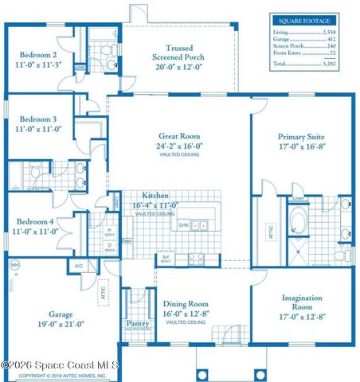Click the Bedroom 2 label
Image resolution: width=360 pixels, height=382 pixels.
(x=37, y=56)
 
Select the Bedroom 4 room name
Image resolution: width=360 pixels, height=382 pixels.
(x=37, y=221)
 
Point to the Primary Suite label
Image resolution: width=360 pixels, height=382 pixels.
(x=302, y=136)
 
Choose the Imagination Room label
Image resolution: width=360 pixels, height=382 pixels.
(x=302, y=302)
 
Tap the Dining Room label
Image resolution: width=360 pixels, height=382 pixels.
(x=186, y=303)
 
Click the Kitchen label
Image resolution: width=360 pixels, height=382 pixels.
(x=155, y=196)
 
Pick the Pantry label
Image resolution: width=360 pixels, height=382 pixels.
(x=138, y=324)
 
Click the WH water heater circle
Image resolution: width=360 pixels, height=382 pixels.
(x=14, y=267)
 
